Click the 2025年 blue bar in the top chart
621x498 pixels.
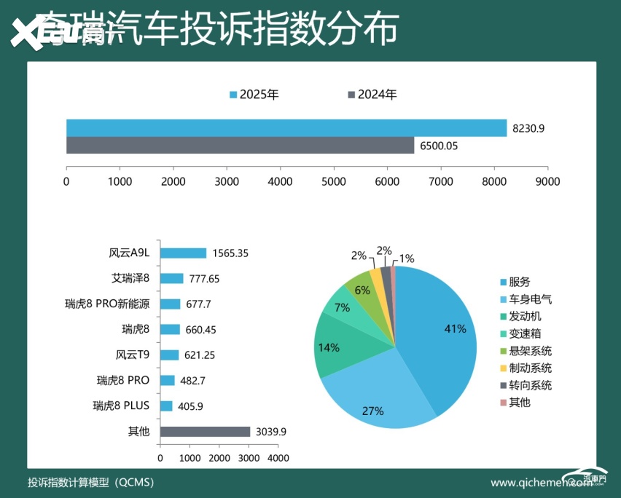(286, 127)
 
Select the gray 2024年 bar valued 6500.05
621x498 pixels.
(241, 146)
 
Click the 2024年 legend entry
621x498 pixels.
(372, 95)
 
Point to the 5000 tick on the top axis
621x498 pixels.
(334, 181)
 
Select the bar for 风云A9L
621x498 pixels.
(183, 253)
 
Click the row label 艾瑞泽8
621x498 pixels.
(130, 278)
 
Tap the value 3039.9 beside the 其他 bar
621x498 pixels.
(270, 432)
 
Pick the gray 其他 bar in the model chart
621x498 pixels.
(205, 432)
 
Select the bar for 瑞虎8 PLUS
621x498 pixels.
(166, 406)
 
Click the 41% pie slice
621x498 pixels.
(437, 331)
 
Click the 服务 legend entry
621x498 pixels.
(520, 282)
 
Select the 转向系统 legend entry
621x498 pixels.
(530, 385)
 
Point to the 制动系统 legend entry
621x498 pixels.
(530, 368)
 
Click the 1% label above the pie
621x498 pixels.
(407, 258)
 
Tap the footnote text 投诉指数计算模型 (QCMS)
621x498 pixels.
(90, 483)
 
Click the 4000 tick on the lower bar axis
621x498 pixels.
(278, 458)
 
